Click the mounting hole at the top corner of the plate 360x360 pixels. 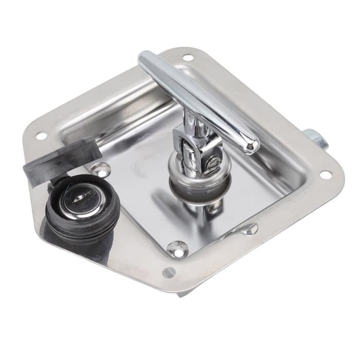pos(187,58)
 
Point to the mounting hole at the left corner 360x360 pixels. pos(41,136)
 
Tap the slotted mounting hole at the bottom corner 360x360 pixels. pos(169,273)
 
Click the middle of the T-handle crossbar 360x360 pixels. pos(198,100)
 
